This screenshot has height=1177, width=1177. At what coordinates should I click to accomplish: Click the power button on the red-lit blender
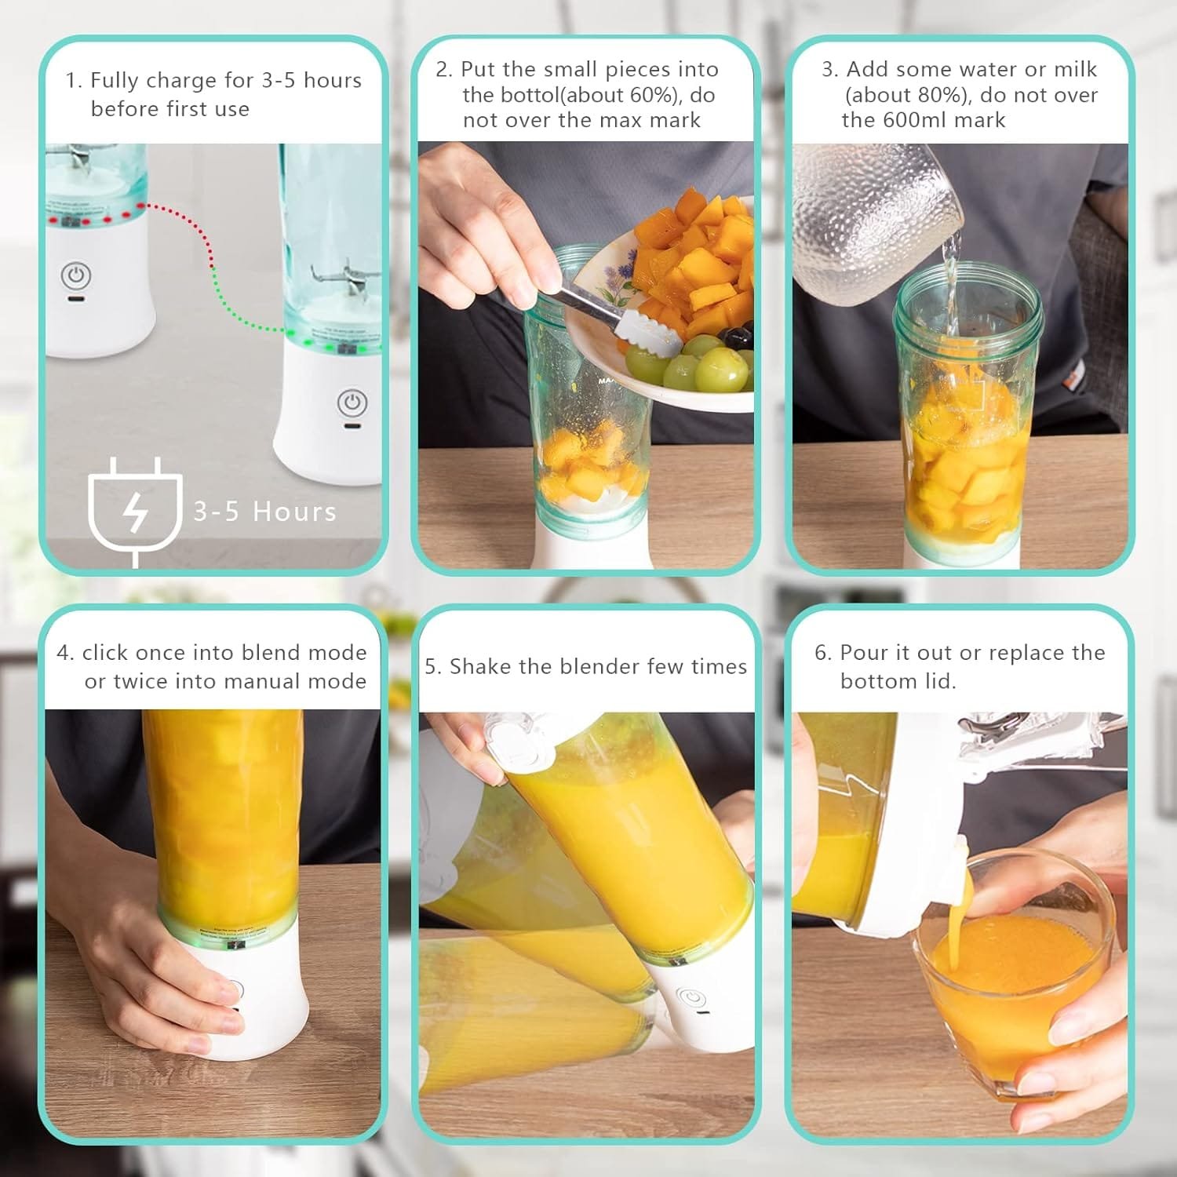coord(76,275)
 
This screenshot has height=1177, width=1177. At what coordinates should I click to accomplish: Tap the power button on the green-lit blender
coord(352,403)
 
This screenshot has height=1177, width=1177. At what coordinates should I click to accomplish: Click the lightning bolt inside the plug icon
coord(137,515)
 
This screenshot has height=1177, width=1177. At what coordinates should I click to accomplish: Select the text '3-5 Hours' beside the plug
coord(265,512)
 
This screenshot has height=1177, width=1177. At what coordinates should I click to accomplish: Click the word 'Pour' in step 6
coord(863,652)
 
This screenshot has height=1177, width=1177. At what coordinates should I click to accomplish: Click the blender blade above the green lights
coord(341,279)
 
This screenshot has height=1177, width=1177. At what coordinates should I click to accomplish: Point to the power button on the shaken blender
coord(691,999)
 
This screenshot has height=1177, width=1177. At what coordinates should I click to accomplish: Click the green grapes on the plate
coord(698,365)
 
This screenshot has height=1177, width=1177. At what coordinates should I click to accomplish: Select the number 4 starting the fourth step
coord(64,653)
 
